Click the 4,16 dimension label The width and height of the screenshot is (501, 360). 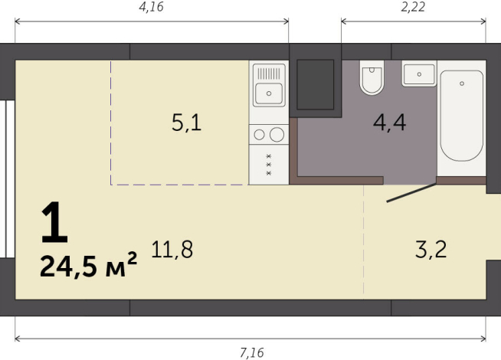point(152,8)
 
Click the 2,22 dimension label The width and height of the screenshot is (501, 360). point(414,8)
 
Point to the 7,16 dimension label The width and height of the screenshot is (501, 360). point(252,352)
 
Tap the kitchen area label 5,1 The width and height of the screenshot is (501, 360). point(186,123)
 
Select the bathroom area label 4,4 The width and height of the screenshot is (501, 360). point(389,123)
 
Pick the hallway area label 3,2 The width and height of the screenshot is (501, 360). point(430,249)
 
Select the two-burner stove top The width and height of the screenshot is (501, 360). point(268,135)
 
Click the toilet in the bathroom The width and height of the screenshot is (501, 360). point(372,77)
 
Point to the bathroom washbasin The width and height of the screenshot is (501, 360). point(418,74)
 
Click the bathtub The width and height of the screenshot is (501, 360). point(461,116)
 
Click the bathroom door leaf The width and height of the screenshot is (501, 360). point(411,192)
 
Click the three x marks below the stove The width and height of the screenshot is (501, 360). point(269,165)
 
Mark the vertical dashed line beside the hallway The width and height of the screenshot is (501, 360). point(364,241)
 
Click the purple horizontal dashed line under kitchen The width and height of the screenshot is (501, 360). point(180,184)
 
